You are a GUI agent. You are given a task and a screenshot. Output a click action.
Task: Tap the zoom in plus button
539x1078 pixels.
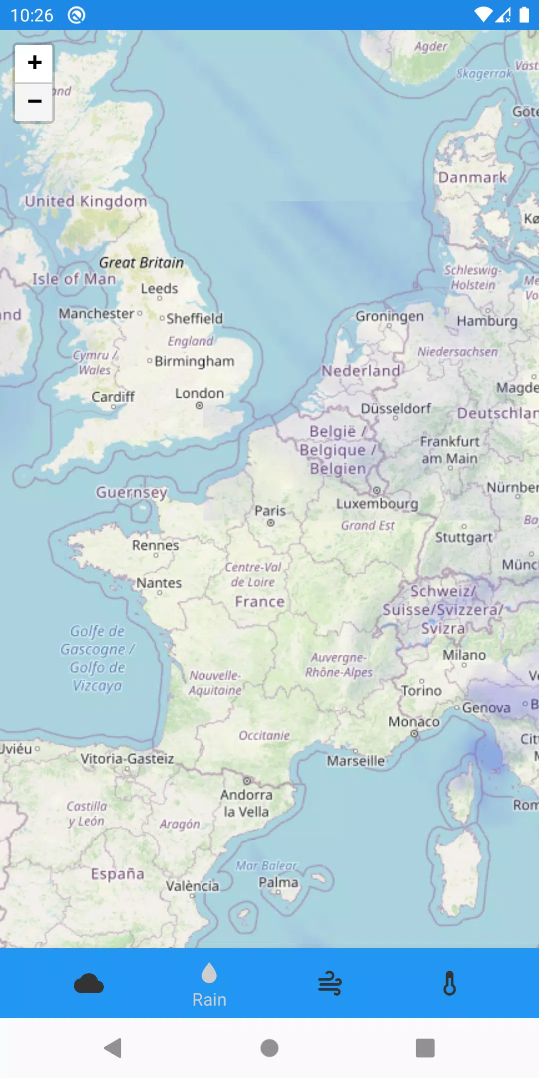coord(34,63)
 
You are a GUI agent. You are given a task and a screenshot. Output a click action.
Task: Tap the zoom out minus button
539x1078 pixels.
coord(34,102)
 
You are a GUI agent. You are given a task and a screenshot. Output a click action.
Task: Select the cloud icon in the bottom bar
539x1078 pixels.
coord(89,984)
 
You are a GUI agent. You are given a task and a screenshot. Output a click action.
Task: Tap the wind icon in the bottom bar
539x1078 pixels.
coord(330,984)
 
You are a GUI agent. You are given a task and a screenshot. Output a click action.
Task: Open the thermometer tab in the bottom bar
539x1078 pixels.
coord(450,984)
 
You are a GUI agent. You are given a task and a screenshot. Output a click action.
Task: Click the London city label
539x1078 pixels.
coord(199,394)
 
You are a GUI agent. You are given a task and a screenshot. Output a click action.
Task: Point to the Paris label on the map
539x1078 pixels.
coord(270,511)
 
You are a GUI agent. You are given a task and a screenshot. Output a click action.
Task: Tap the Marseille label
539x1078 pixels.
coord(356,761)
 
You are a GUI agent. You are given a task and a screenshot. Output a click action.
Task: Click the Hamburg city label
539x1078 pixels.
coord(487,321)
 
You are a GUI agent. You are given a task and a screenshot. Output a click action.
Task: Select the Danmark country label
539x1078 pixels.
coord(472,178)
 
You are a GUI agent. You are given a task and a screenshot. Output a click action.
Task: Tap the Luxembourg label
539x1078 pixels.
coord(377,504)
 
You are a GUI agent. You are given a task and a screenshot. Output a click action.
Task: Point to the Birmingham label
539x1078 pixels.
coord(194,361)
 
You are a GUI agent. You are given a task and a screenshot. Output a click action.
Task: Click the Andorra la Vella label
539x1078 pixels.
coord(247,803)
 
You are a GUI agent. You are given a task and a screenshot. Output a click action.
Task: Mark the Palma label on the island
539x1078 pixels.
coord(278,883)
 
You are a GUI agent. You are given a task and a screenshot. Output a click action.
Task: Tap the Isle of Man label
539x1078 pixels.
coord(74,279)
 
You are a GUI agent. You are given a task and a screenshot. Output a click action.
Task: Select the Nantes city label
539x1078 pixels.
coord(159,583)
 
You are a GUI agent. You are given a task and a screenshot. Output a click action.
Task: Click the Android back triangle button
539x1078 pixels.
coord(113,1048)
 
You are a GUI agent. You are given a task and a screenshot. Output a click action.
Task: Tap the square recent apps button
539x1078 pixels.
coord(425,1048)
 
